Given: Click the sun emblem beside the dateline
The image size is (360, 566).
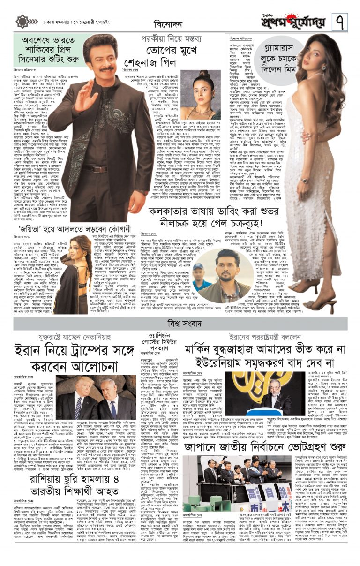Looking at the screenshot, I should tap(22, 21).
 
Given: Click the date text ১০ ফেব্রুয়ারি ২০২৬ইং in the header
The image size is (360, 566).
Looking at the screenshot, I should tap(82, 21).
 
